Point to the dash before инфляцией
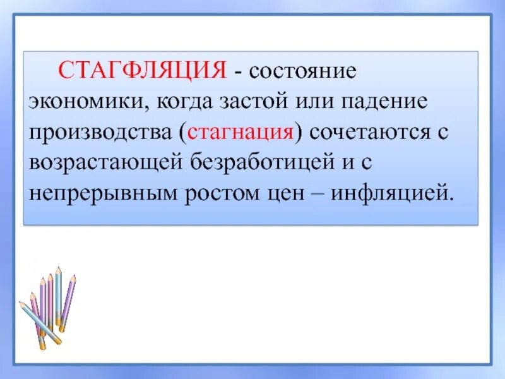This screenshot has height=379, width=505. coord(314,192)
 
